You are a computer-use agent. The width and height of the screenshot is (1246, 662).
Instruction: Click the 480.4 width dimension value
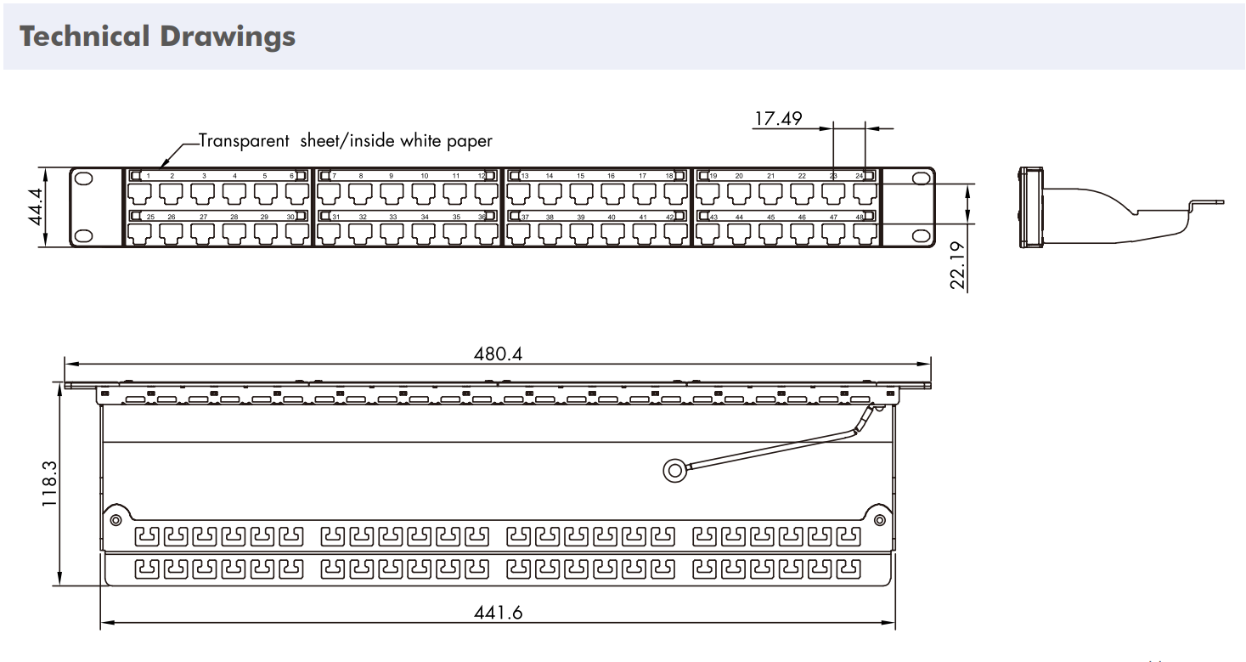[499, 354]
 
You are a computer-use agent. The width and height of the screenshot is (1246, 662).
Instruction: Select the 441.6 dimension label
[499, 614]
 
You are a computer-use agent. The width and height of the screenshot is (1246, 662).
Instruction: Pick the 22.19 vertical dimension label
[958, 265]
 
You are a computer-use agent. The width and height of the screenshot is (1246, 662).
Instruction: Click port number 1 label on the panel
[148, 176]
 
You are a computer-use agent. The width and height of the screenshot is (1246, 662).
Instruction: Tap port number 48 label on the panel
[860, 218]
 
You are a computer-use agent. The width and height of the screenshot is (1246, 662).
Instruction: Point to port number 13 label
[525, 176]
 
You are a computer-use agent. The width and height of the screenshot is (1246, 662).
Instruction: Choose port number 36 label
[481, 218]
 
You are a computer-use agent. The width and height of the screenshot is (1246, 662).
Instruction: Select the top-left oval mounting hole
[83, 179]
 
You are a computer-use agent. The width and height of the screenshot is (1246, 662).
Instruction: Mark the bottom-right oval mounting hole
[920, 235]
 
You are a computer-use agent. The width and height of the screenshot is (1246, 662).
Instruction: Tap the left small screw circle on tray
[116, 519]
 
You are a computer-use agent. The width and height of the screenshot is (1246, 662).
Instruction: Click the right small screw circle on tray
[879, 519]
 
